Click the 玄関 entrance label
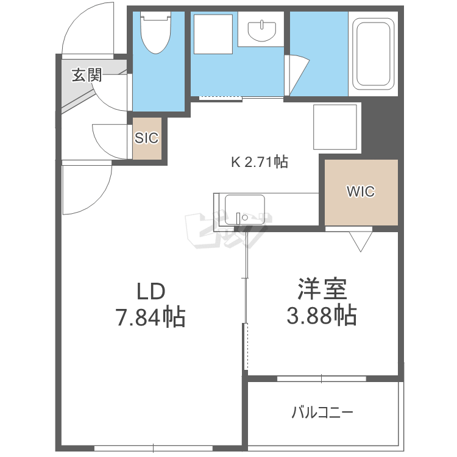[87, 75]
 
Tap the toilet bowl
[155, 32]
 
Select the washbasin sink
[261, 30]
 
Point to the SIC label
[147, 138]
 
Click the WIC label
[361, 191]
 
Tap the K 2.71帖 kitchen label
[260, 162]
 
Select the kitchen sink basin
[245, 210]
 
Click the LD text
[151, 291]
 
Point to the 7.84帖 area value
[151, 317]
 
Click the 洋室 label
[322, 289]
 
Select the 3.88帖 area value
[322, 315]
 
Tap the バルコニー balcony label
[322, 413]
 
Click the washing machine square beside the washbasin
[213, 34]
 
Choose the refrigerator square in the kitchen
[335, 127]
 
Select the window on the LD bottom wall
[154, 448]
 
